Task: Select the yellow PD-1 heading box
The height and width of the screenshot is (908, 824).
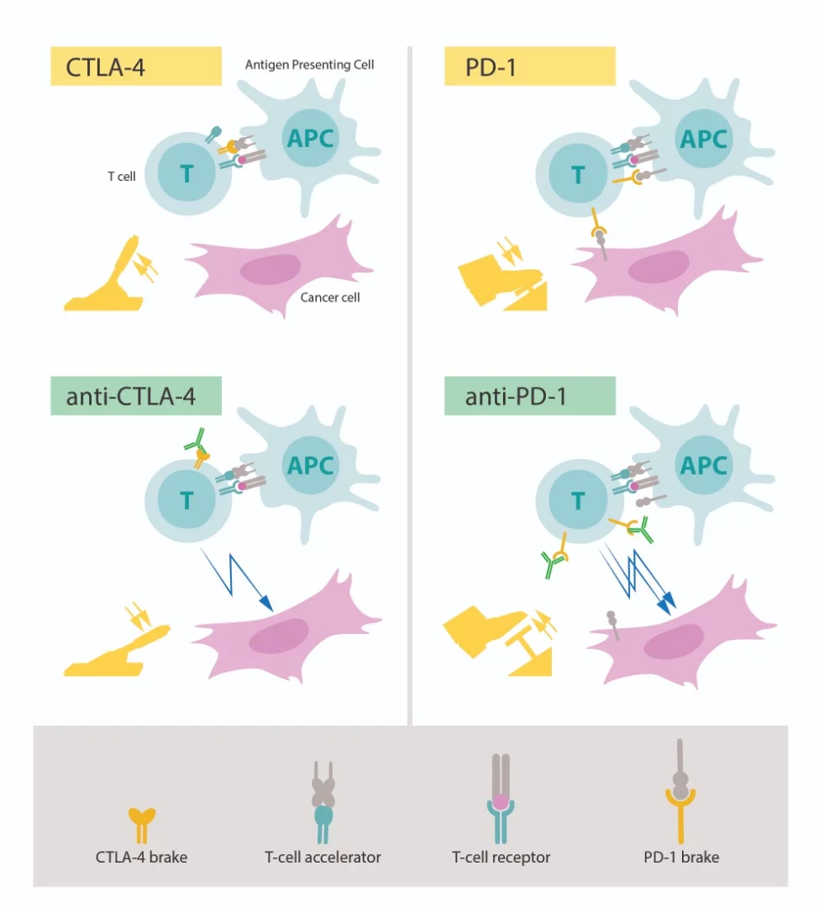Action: coord(529,66)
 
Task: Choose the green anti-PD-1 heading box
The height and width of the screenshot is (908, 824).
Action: coord(529,396)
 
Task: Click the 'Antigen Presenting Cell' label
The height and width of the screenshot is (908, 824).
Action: coord(309,65)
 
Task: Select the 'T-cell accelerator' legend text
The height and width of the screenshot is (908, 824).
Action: coord(323,858)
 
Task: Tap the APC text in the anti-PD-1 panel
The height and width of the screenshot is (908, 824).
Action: coord(703,465)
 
